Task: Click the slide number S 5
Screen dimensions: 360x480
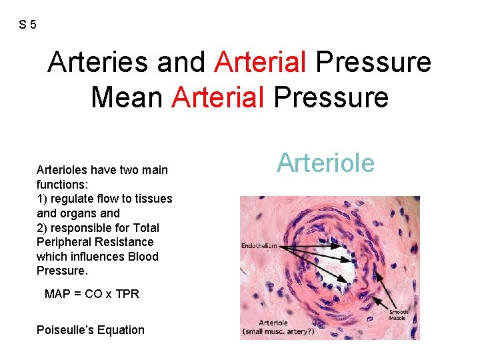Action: pos(27,25)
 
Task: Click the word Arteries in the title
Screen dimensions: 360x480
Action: pos(98,63)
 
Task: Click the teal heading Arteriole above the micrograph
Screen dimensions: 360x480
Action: pos(326,163)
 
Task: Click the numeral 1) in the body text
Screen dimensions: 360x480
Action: pos(43,199)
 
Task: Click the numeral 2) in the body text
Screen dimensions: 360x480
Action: pos(43,227)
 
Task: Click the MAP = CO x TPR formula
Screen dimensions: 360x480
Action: pos(91,294)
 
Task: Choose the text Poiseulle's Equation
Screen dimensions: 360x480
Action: pos(91,330)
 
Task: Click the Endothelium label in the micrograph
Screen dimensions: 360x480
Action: pos(259,246)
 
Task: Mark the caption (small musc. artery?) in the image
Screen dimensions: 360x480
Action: pos(279,331)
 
